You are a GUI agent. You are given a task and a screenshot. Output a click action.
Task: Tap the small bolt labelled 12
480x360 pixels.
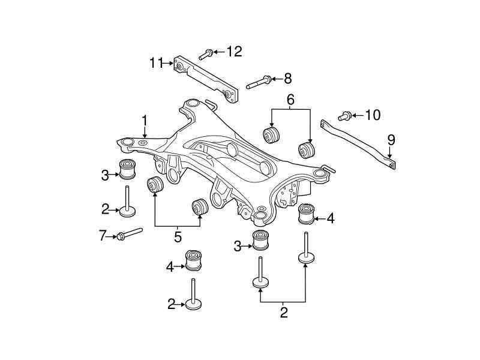coord(204,54)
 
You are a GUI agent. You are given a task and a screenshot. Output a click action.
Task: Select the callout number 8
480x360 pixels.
coord(287,78)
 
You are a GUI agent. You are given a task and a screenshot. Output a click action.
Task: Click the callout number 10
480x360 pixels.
coord(373,115)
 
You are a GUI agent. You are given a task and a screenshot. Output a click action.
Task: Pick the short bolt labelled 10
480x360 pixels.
coord(345,115)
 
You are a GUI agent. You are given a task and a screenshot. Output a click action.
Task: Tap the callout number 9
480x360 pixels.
coord(391,140)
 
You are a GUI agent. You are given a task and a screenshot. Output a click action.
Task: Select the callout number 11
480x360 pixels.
coord(156,62)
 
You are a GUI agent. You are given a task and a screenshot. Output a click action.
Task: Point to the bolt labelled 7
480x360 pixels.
coord(129,233)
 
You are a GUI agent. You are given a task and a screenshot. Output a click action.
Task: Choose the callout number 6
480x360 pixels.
coord(290,100)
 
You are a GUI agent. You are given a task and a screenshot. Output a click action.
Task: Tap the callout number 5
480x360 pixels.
coord(178,236)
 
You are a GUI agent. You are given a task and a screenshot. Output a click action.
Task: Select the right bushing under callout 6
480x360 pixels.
coord(307,149)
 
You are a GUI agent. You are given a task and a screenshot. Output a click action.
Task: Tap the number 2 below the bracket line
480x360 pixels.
coord(284,312)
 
